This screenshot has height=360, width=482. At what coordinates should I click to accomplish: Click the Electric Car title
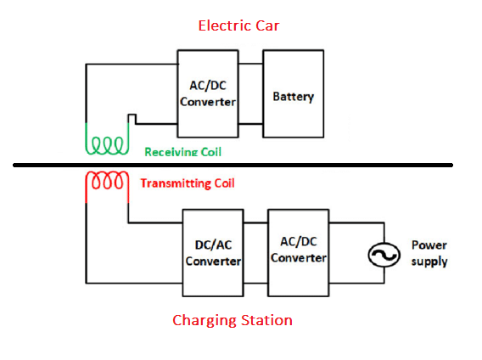[x=238, y=25]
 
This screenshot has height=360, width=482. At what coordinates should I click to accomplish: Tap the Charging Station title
[x=233, y=321]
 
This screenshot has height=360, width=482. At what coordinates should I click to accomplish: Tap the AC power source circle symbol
[x=384, y=255]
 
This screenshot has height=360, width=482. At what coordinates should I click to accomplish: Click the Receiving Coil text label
[x=183, y=152]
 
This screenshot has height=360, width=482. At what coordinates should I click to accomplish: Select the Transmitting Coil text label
[x=188, y=183]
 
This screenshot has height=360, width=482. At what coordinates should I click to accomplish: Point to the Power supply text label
[x=429, y=253]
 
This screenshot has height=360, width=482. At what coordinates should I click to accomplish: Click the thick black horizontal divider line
[x=233, y=166]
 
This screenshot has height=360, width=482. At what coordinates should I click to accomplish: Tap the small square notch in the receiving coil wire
[x=132, y=115]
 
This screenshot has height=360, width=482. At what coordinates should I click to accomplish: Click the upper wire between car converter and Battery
[x=250, y=64]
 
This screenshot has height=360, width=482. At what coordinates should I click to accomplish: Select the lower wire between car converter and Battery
[x=250, y=124]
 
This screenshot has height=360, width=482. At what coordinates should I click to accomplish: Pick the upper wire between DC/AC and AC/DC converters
[x=255, y=222]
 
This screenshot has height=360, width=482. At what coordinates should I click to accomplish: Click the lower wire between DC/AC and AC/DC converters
[x=255, y=283]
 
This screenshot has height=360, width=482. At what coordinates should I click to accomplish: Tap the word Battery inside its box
[x=294, y=97]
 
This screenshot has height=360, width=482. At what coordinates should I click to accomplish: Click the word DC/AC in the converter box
[x=213, y=245]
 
